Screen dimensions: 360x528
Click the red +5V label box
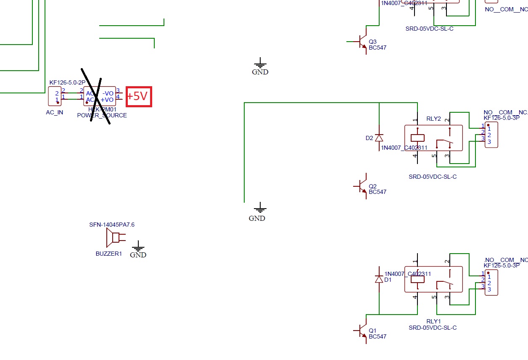(x=139, y=96)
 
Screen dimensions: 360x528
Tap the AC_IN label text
(x=55, y=113)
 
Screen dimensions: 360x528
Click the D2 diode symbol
(x=379, y=138)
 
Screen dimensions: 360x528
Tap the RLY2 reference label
(x=434, y=119)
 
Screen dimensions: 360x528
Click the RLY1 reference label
(x=434, y=322)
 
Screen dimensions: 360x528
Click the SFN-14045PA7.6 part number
(x=112, y=225)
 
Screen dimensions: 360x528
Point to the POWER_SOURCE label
(x=102, y=115)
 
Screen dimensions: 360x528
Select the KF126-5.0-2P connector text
(x=67, y=83)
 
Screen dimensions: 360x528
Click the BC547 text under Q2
(x=378, y=192)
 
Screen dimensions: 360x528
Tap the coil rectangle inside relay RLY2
(x=417, y=138)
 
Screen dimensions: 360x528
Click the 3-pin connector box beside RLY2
(x=491, y=135)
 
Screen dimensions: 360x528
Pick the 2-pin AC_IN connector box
(x=55, y=96)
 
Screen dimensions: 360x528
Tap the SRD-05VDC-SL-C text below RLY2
(x=433, y=177)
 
